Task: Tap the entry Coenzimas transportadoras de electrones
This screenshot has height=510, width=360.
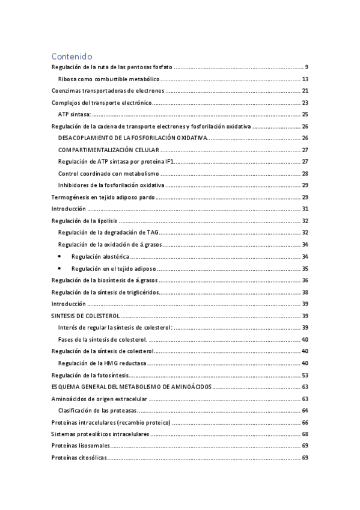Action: click(x=108, y=91)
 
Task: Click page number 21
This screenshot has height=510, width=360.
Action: click(x=305, y=91)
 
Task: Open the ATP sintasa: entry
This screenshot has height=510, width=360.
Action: click(x=75, y=114)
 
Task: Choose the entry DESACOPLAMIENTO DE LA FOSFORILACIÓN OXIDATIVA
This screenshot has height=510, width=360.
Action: click(x=132, y=138)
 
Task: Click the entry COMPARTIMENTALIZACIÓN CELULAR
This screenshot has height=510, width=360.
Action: click(x=109, y=150)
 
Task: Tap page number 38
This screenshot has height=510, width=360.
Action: click(x=305, y=292)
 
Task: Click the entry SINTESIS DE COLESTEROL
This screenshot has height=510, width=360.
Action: click(x=86, y=316)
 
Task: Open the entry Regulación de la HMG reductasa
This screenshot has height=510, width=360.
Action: click(x=102, y=363)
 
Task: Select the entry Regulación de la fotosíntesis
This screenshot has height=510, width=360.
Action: click(x=91, y=375)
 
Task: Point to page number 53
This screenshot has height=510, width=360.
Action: click(x=305, y=375)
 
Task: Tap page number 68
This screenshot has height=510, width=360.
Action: click(x=305, y=434)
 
